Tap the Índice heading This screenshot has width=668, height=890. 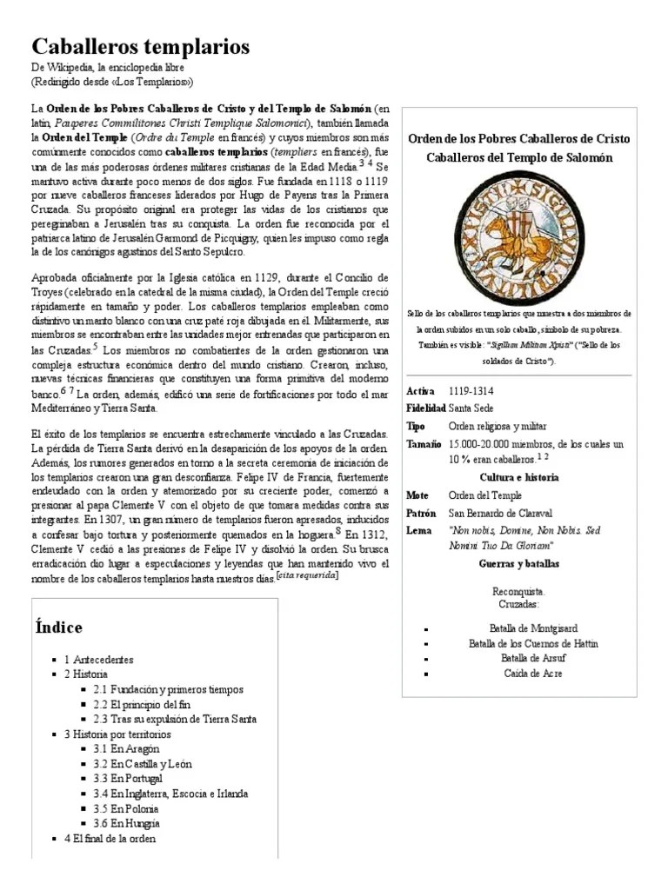pos(59,627)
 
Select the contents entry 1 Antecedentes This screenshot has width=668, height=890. pos(99,660)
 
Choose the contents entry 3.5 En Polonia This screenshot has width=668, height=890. pos(126,808)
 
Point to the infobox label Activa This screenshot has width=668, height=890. pos(420,391)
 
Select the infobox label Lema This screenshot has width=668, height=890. pos(418,530)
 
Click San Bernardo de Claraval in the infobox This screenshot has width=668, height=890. pos(500,513)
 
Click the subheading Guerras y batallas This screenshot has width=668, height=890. pos(519,563)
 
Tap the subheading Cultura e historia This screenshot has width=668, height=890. pos(519,477)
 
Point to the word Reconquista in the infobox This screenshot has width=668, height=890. pos(519,591)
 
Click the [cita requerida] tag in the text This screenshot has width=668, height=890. pos(307,575)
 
